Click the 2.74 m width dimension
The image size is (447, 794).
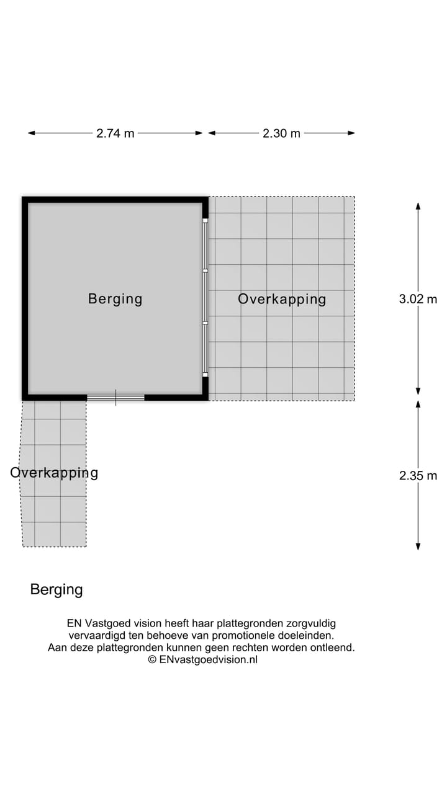(x=115, y=133)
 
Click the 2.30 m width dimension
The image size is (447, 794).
(x=281, y=133)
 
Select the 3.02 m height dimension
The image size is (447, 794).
(x=418, y=299)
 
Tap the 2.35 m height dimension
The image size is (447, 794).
(x=418, y=476)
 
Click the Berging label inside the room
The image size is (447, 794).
(x=115, y=299)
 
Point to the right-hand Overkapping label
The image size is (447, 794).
(x=282, y=299)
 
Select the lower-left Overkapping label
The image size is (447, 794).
(x=54, y=473)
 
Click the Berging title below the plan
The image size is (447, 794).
(x=56, y=589)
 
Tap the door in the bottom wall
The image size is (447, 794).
(x=115, y=398)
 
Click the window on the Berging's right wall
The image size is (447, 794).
(x=205, y=298)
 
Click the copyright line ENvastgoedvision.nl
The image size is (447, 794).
(x=202, y=659)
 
